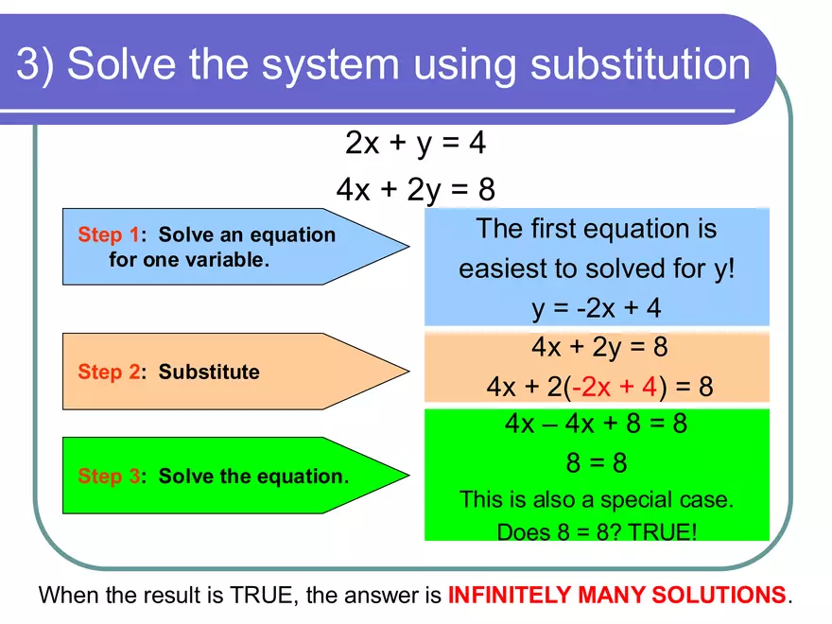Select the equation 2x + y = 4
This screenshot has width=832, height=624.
pyautogui.click(x=416, y=143)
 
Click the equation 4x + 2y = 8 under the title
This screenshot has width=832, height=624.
pyautogui.click(x=416, y=189)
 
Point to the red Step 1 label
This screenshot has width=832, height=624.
pyautogui.click(x=108, y=234)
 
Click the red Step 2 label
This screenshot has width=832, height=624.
pyautogui.click(x=108, y=372)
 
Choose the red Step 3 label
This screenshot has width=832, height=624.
pyautogui.click(x=108, y=476)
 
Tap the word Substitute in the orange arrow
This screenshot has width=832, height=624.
pyautogui.click(x=208, y=372)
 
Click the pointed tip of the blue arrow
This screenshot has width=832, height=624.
pyautogui.click(x=407, y=247)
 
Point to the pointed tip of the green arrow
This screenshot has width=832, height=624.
pyautogui.click(x=407, y=476)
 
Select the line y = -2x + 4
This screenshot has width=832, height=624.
pyautogui.click(x=597, y=309)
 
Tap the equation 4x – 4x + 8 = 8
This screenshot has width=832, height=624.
pyautogui.click(x=597, y=423)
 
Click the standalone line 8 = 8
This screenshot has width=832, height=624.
pyautogui.click(x=597, y=463)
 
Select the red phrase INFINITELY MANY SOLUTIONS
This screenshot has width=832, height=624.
pyautogui.click(x=616, y=596)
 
